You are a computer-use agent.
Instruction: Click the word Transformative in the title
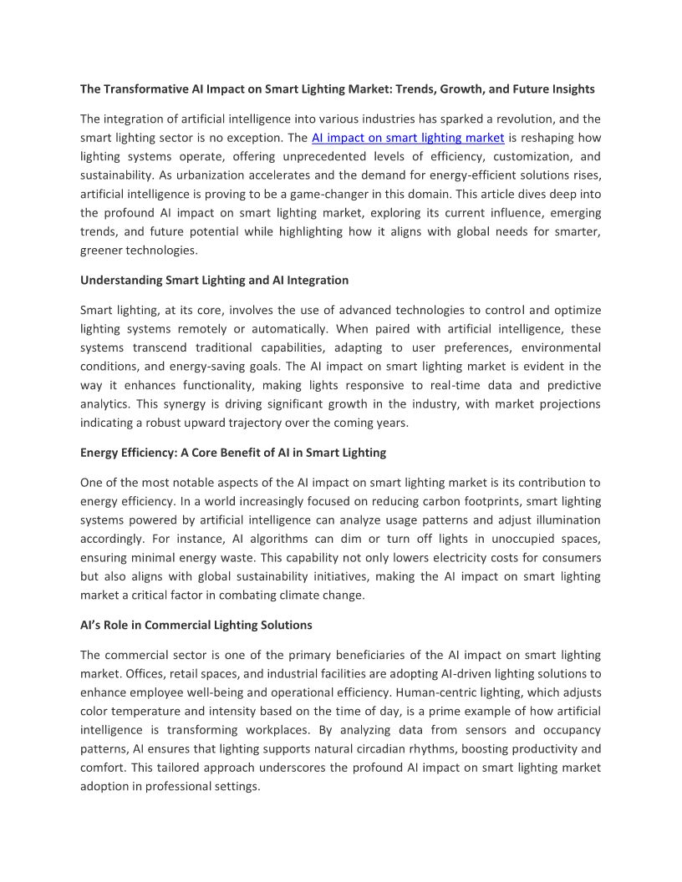148,89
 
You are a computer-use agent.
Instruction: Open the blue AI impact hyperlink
408,138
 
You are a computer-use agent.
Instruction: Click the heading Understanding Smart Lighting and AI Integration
214,280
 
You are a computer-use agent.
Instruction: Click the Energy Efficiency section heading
233,453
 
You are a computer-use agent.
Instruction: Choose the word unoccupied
490,539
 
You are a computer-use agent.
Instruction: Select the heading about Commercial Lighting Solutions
196,625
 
